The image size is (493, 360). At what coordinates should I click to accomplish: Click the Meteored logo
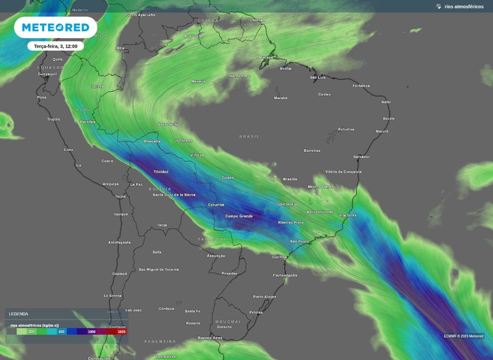[55, 27]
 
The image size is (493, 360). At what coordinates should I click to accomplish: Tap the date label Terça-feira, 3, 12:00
[55, 46]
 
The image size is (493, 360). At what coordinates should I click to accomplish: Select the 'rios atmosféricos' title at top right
[464, 6]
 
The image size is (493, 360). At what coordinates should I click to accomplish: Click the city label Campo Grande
[239, 216]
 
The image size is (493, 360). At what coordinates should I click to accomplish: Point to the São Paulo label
[299, 241]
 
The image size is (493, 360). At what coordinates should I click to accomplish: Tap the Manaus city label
[198, 81]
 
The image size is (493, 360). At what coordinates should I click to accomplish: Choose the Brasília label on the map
[290, 179]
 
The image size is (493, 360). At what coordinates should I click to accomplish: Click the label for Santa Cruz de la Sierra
[174, 194]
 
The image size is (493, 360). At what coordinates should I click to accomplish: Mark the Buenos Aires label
[210, 338]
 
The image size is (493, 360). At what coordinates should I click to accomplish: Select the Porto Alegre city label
[265, 296]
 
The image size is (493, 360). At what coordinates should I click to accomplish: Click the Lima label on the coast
[68, 150]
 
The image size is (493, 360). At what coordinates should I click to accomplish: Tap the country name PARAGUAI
[211, 239]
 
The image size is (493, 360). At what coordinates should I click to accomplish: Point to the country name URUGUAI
[228, 321]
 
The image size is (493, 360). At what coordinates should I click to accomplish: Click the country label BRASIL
[249, 136]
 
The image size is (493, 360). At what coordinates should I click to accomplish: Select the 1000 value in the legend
[91, 332]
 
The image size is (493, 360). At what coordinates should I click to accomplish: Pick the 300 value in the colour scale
[31, 332]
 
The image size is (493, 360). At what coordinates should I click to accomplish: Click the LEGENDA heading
[18, 314]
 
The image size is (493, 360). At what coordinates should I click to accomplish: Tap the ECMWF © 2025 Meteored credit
[463, 336]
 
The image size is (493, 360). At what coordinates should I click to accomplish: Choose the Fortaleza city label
[361, 86]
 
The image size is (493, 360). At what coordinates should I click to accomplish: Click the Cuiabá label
[227, 178]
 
